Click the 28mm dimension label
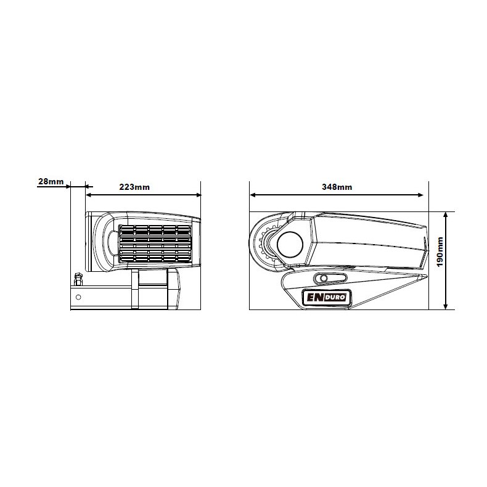coord(51,181)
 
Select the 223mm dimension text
coord(134,187)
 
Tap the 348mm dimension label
coord(337,187)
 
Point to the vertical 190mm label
coord(440,252)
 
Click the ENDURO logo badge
coord(327,297)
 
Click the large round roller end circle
coord(290,244)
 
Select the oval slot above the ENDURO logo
coord(330,278)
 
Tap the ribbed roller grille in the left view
coord(155,244)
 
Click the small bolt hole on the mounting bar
coord(78,297)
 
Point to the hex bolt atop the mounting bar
coord(78,279)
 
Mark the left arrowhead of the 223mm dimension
coord(89,195)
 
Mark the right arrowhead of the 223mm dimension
coord(198,195)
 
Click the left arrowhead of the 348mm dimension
coord(253,195)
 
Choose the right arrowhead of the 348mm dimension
coord(420,195)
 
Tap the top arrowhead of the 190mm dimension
coord(446,216)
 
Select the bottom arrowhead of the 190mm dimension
coord(446,306)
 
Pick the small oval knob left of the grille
coord(112,244)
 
